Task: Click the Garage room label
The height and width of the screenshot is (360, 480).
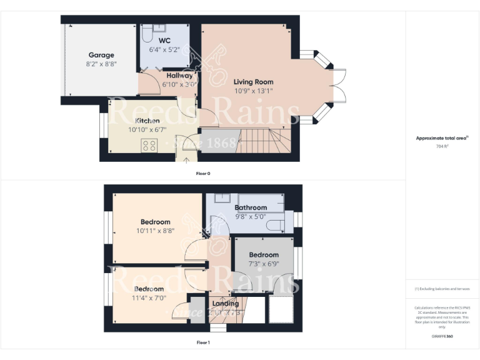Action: [101, 55]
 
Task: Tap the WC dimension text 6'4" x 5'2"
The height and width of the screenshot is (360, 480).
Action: [164, 49]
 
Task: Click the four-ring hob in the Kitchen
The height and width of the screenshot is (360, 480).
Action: [150, 146]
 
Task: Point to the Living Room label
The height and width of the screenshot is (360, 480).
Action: [253, 82]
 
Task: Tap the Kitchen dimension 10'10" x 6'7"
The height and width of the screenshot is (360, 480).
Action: [144, 129]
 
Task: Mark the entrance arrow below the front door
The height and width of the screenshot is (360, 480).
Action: [186, 159]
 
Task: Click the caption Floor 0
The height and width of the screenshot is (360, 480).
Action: [203, 173]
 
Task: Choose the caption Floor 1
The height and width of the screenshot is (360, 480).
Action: [203, 342]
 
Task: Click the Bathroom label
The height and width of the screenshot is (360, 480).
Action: [251, 207]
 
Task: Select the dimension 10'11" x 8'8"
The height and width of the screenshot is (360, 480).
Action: [155, 231]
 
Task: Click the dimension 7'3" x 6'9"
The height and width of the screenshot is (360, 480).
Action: [263, 263]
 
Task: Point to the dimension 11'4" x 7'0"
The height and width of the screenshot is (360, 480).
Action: [149, 297]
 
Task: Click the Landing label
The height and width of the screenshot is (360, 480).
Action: [225, 304]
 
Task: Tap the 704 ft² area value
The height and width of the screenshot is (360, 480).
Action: [442, 146]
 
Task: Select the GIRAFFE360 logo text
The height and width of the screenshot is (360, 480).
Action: [442, 336]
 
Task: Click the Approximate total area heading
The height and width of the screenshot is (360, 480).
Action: [442, 138]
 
